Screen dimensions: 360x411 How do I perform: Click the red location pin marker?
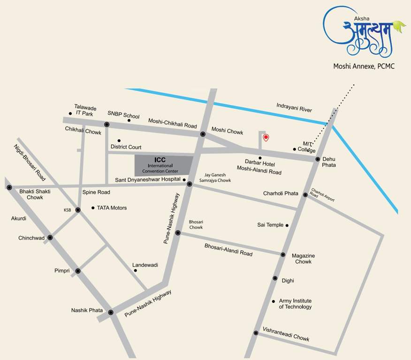pyautogui.click(x=266, y=137)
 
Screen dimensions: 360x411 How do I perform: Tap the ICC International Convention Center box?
pyautogui.click(x=164, y=165)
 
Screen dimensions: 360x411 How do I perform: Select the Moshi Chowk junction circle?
pyautogui.click(x=203, y=134)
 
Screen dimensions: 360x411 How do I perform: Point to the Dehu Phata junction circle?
pyautogui.click(x=318, y=159)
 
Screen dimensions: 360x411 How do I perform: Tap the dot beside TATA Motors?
pyautogui.click(x=93, y=208)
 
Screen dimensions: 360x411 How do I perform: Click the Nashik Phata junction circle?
pyautogui.click(x=111, y=312)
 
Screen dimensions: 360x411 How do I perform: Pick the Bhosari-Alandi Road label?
pyautogui.click(x=228, y=250)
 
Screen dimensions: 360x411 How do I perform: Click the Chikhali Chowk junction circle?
pyautogui.click(x=107, y=124)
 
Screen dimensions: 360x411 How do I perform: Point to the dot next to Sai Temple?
pyautogui.click(x=287, y=225)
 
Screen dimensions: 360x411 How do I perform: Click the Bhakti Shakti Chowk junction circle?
pyautogui.click(x=9, y=187)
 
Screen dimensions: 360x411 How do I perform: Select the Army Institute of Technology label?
pyautogui.click(x=295, y=304)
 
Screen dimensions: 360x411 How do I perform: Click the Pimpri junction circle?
pyautogui.click(x=78, y=271)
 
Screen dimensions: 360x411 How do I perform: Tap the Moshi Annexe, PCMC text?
pyautogui.click(x=364, y=67)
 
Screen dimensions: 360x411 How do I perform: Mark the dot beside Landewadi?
pyautogui.click(x=135, y=270)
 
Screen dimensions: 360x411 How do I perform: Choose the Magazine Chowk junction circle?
pyautogui.click(x=283, y=255)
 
